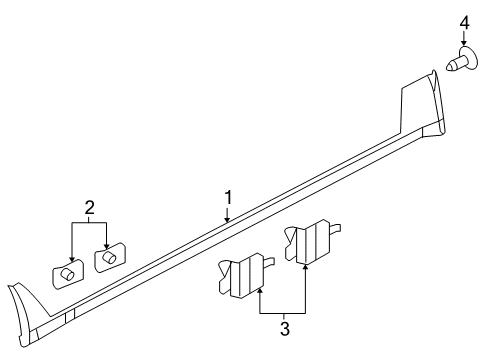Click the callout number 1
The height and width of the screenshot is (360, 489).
(x=228, y=197)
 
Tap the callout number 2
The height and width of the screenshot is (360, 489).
(x=90, y=208)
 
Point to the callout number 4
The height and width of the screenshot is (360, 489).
(x=464, y=21)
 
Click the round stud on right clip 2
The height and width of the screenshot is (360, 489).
(x=109, y=256)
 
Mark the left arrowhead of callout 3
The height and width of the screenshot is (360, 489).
(x=259, y=290)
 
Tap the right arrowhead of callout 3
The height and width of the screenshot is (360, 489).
(x=304, y=267)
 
